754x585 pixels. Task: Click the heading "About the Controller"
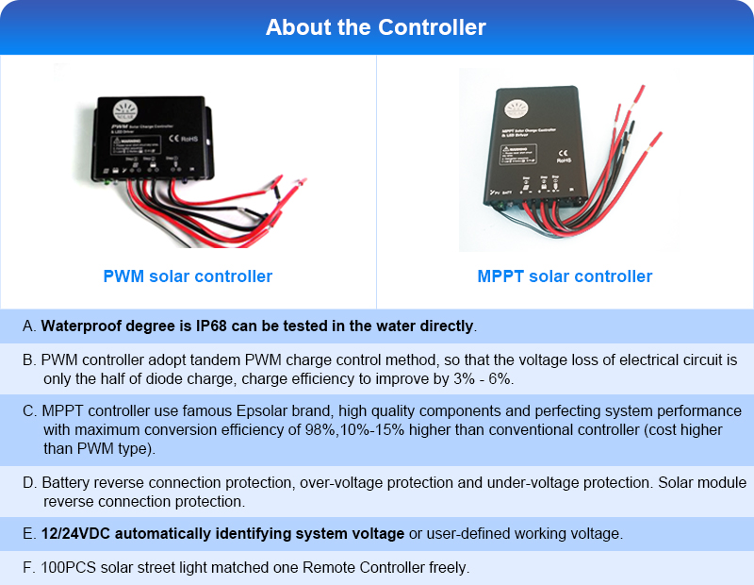point(376,26)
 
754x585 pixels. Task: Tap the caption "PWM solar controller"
point(188,276)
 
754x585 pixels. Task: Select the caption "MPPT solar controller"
point(565,276)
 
